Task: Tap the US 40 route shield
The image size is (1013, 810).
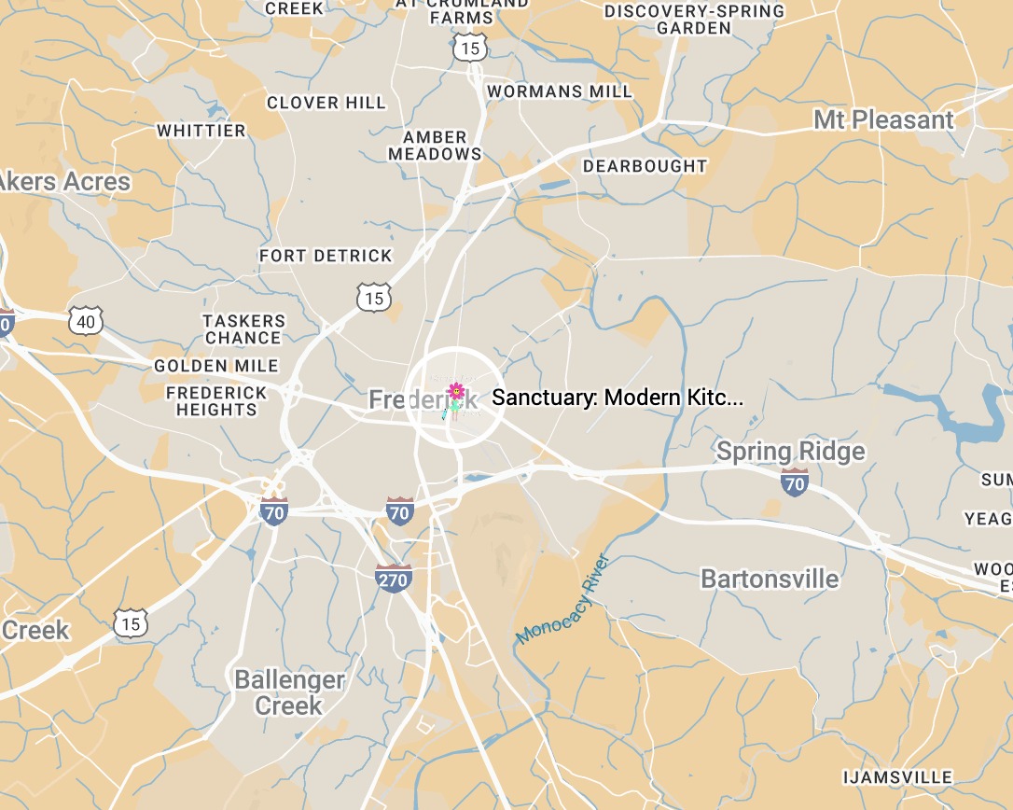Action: [x=86, y=322]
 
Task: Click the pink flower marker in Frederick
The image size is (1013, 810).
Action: [x=456, y=390]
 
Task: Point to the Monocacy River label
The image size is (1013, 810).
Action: [x=563, y=600]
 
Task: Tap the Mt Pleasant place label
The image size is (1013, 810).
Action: [x=883, y=120]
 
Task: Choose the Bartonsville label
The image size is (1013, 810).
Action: [x=770, y=579]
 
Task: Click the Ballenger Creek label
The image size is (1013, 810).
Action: [x=289, y=692]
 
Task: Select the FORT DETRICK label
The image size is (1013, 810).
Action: [x=326, y=256]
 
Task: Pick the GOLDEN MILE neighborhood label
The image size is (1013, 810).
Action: [x=216, y=366]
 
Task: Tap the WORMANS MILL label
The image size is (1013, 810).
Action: [x=560, y=91]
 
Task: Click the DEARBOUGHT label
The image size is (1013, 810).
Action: [x=645, y=166]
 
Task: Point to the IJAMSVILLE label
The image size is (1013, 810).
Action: [x=897, y=777]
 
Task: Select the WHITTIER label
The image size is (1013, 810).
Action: [x=201, y=131]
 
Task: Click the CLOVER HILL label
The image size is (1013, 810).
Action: [x=326, y=103]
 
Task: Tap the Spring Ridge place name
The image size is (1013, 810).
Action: [x=790, y=453]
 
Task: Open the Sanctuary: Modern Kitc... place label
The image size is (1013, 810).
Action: [x=618, y=398]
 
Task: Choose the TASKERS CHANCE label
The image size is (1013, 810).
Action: [x=243, y=329]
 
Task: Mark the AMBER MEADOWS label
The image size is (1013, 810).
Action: [x=435, y=146]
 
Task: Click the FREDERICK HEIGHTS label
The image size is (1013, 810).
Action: [x=216, y=401]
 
